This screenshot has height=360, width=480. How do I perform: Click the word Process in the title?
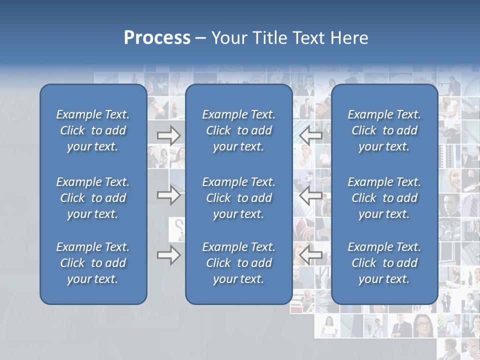(x=157, y=38)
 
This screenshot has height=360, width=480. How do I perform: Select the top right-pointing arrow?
(x=168, y=135)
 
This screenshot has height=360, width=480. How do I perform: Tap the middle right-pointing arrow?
(x=168, y=195)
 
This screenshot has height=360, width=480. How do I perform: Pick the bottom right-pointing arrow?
(x=168, y=255)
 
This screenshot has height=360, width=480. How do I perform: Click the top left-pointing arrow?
(x=310, y=135)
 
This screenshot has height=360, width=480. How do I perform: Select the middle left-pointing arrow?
(x=310, y=195)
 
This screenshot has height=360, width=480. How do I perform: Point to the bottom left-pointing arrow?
(x=310, y=255)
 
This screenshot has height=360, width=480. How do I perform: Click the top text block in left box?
(x=93, y=130)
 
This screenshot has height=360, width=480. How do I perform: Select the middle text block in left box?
(x=93, y=198)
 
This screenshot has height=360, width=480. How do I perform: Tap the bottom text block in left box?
(x=93, y=263)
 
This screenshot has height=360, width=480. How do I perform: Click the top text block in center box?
(x=238, y=130)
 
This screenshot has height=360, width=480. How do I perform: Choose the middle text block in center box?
(x=238, y=198)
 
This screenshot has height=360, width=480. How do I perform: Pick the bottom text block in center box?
(x=238, y=263)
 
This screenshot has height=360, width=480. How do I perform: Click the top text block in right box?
(x=384, y=130)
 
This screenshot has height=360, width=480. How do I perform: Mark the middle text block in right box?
(x=384, y=198)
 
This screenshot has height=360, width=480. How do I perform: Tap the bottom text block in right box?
(x=384, y=263)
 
